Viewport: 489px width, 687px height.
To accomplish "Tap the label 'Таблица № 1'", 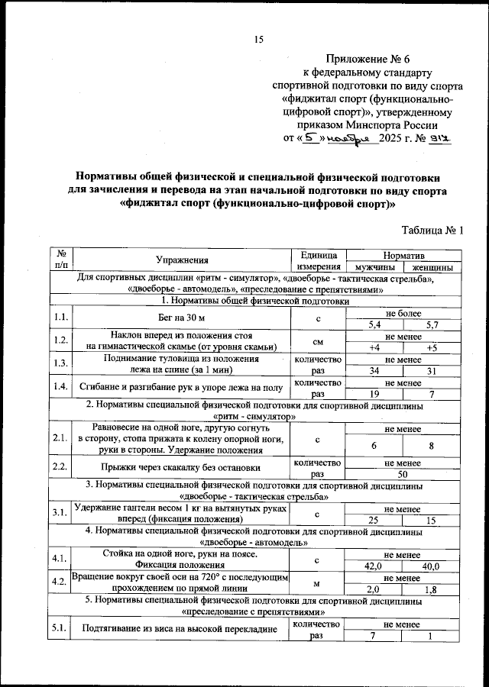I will (432, 230).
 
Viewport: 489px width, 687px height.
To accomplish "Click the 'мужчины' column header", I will (374, 268).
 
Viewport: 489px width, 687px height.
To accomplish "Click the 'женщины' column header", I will (432, 268).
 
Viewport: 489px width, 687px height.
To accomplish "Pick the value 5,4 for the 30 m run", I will (374, 324).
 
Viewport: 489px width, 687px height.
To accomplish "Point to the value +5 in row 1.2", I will (432, 348).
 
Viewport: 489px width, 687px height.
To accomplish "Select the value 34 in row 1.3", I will (374, 371).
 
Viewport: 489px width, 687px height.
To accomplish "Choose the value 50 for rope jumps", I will (403, 474).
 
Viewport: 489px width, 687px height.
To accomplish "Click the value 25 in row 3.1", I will (374, 520).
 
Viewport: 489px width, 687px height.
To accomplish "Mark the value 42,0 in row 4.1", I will (374, 566).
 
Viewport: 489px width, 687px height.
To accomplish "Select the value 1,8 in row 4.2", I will (432, 589).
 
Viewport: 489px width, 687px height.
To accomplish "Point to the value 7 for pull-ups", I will (374, 636).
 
